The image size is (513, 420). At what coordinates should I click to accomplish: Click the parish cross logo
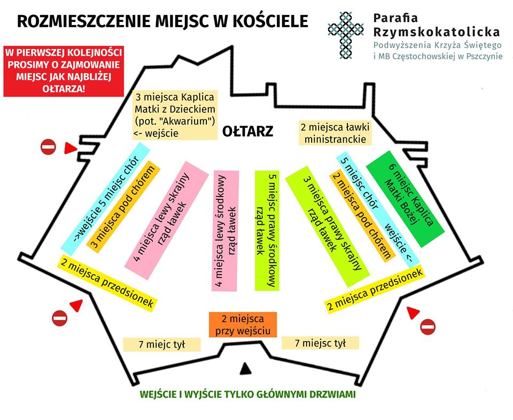pyautogui.click(x=346, y=35)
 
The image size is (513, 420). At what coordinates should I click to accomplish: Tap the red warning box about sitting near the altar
pyautogui.click(x=64, y=71)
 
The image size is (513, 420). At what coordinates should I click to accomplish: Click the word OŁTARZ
pyautogui.click(x=247, y=131)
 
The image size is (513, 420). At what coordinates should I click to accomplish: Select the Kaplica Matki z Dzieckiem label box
pyautogui.click(x=175, y=115)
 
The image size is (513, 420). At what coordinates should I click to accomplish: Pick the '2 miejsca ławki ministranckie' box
pyautogui.click(x=336, y=133)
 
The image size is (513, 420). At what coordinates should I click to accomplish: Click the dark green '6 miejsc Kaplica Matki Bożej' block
pyautogui.click(x=405, y=199)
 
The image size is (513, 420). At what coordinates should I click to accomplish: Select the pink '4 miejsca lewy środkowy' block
pyautogui.click(x=226, y=231)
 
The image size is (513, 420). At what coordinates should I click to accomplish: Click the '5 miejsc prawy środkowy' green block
pyautogui.click(x=267, y=231)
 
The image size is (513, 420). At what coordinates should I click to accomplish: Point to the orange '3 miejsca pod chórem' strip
pyautogui.click(x=123, y=207)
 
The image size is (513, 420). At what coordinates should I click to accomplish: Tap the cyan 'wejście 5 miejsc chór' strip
pyautogui.click(x=105, y=199)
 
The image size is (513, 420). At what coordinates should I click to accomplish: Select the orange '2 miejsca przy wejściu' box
pyautogui.click(x=243, y=324)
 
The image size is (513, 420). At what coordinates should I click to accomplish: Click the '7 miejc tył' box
pyautogui.click(x=161, y=345)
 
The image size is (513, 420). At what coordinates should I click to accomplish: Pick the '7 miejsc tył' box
pyautogui.click(x=320, y=343)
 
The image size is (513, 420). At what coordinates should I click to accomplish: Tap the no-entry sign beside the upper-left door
pyautogui.click(x=49, y=147)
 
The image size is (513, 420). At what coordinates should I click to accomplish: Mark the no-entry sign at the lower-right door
pyautogui.click(x=428, y=327)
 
